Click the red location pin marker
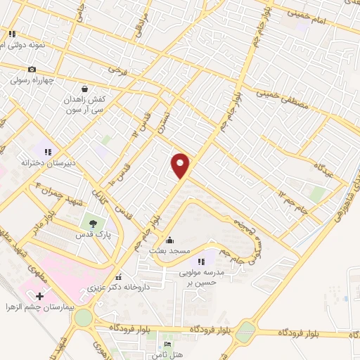point(181,165)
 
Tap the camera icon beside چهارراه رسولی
point(32,69)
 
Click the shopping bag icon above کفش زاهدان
point(85,89)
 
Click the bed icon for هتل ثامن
point(167,342)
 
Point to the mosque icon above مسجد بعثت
point(169,240)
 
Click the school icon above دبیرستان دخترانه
point(49,150)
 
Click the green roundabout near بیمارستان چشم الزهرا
point(84,317)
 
